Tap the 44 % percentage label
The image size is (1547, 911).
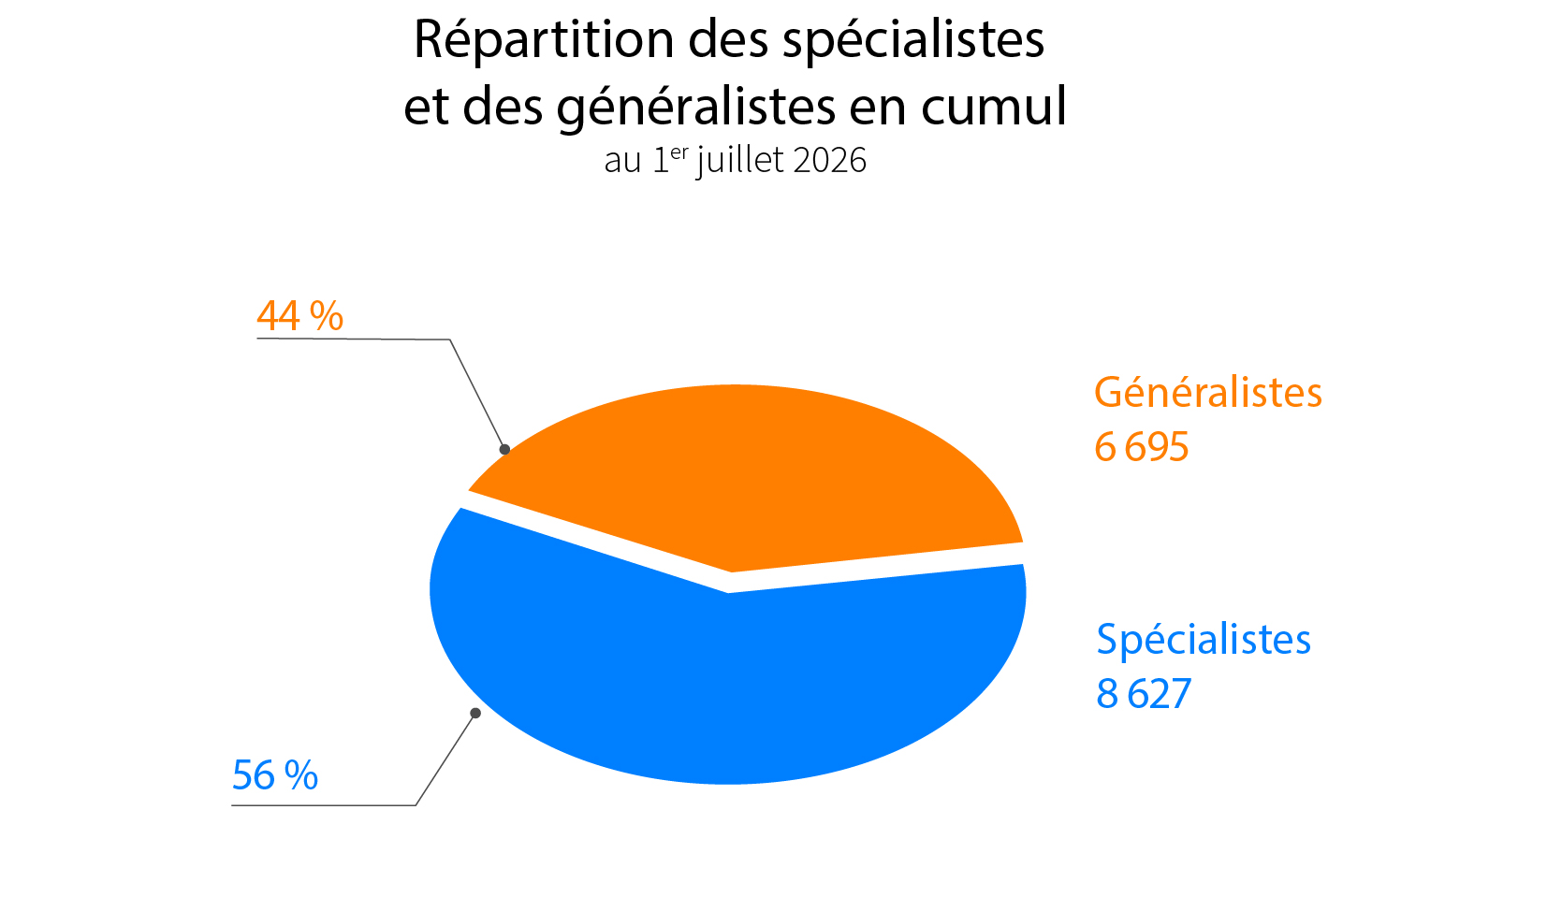pyautogui.click(x=299, y=316)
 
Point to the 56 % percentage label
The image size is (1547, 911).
pyautogui.click(x=275, y=775)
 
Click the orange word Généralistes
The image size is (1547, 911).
pyautogui.click(x=1208, y=393)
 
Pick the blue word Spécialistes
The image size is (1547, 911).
pyautogui.click(x=1204, y=639)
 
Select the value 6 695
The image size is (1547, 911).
pyautogui.click(x=1142, y=446)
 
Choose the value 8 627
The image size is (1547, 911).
pyautogui.click(x=1144, y=693)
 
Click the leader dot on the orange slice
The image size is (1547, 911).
pyautogui.click(x=504, y=449)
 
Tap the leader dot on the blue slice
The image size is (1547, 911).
pyautogui.click(x=475, y=713)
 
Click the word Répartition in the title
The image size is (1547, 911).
pyautogui.click(x=544, y=40)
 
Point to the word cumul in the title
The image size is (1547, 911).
pyautogui.click(x=994, y=107)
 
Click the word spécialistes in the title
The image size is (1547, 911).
pyautogui.click(x=913, y=40)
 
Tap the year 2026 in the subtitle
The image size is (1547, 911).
pyautogui.click(x=829, y=160)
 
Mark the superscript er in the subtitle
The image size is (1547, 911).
pyautogui.click(x=679, y=152)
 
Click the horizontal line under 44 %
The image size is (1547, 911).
pyautogui.click(x=354, y=339)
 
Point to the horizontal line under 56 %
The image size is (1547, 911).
pyautogui.click(x=323, y=805)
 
